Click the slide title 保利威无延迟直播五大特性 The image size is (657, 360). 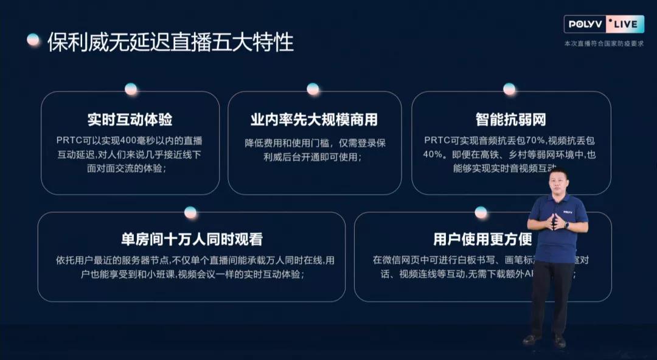coord(170,42)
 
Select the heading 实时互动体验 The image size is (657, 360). coord(130,119)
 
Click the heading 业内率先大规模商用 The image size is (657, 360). coord(314,119)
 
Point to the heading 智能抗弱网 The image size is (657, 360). coord(511,119)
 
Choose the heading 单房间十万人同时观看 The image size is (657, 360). coord(192,239)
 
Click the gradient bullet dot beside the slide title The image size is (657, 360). coord(33,40)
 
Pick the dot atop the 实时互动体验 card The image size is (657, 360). coord(131,89)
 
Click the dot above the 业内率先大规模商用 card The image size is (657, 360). coord(313,89)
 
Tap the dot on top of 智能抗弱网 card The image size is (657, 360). coord(509,89)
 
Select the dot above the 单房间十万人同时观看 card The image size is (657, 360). coord(190,212)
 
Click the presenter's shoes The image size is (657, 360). coord(545,341)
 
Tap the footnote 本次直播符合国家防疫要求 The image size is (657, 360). coord(603,44)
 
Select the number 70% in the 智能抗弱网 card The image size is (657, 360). coord(520,140)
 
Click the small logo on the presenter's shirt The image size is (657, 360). coord(567,212)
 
